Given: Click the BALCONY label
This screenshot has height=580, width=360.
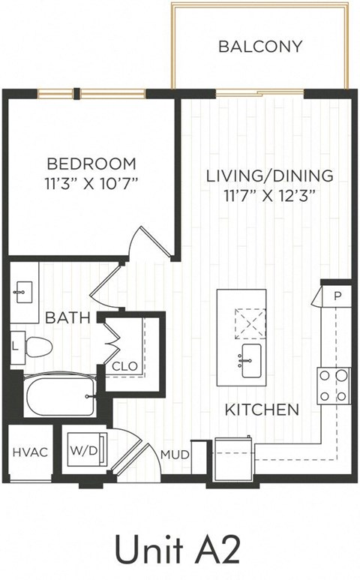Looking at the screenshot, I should (x=260, y=47).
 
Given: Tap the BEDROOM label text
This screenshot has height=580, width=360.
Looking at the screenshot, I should (x=91, y=163).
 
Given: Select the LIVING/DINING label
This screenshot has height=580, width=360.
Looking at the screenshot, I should (x=269, y=176).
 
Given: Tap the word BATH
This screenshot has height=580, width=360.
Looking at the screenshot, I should (x=67, y=318).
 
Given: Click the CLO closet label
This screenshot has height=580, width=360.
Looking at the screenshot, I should (x=124, y=366).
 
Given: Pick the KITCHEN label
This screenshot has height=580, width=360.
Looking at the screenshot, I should (x=263, y=410).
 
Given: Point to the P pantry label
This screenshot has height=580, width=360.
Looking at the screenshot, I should (x=337, y=296).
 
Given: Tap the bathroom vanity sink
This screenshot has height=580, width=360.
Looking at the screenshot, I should (x=22, y=288).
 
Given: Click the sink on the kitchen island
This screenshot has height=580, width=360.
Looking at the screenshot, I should (x=250, y=359).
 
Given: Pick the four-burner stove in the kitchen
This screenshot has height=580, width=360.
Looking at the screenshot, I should (x=333, y=386).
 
